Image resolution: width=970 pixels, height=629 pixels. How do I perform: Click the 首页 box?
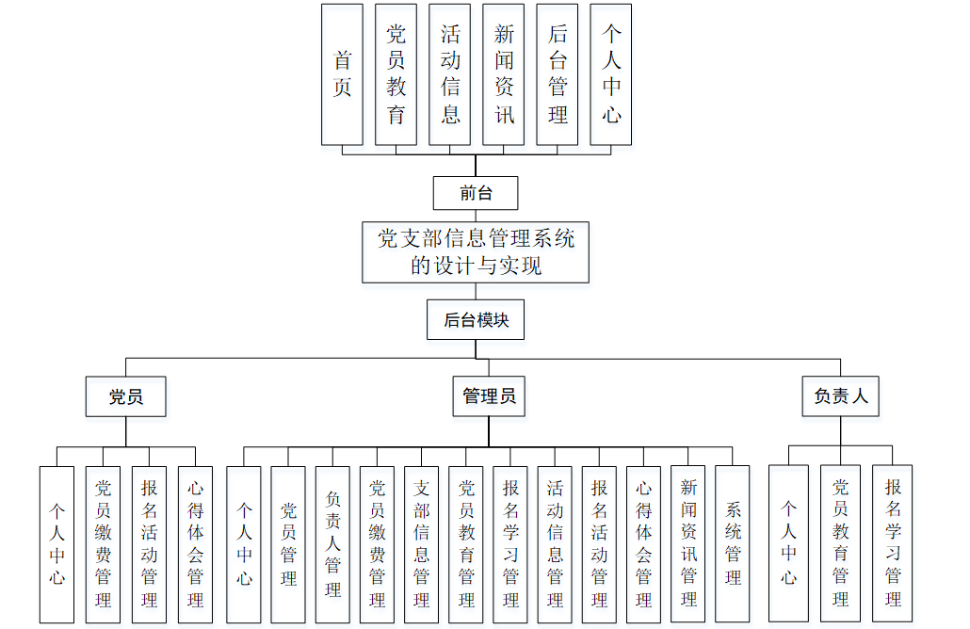[342, 74]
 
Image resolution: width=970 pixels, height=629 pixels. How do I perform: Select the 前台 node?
[476, 194]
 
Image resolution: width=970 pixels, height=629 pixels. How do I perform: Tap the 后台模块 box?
[476, 320]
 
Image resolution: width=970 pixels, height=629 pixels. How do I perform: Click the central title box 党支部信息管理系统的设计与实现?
[476, 251]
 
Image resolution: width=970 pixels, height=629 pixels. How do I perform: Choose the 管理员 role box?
[489, 396]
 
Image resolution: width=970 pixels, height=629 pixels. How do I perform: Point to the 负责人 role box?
[841, 396]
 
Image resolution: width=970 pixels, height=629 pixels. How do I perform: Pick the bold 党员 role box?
[126, 396]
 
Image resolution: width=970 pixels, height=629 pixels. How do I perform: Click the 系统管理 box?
[733, 543]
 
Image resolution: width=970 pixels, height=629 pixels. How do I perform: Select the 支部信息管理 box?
[422, 543]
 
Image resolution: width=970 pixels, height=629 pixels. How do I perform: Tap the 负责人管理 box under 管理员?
[332, 543]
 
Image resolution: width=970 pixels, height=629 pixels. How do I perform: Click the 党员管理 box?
[288, 543]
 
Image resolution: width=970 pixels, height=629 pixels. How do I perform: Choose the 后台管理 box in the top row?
[558, 74]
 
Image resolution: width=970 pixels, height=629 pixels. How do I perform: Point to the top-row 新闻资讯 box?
[504, 74]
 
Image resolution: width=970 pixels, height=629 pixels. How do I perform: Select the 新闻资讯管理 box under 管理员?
[688, 543]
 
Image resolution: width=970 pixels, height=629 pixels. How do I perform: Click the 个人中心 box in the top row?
[611, 74]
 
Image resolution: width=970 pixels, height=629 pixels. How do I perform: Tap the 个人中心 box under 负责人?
[788, 543]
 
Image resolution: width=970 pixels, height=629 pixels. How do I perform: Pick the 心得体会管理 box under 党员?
[196, 543]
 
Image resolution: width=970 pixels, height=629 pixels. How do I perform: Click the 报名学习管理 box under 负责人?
[893, 543]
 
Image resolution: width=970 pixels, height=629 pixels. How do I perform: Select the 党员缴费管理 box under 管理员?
[377, 543]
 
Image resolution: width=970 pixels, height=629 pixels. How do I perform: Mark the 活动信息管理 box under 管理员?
[555, 543]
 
